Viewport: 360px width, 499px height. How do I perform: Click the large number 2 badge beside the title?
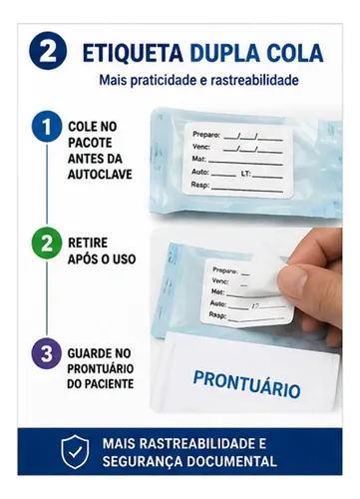pyautogui.click(x=48, y=51)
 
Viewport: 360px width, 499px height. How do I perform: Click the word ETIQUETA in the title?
pyautogui.click(x=133, y=53)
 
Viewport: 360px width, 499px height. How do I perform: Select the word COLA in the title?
pyautogui.click(x=295, y=53)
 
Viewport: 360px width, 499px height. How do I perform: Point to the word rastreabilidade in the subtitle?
pyautogui.click(x=254, y=80)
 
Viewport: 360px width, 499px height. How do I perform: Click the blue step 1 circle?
pyautogui.click(x=47, y=127)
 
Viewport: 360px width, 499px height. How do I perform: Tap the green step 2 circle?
pyautogui.click(x=47, y=244)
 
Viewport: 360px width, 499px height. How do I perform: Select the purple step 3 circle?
pyautogui.click(x=47, y=353)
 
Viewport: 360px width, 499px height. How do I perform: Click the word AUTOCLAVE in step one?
pyautogui.click(x=100, y=175)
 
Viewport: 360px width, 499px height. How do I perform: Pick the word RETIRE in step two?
pyautogui.click(x=88, y=243)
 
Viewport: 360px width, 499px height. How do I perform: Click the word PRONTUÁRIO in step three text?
pyautogui.click(x=101, y=368)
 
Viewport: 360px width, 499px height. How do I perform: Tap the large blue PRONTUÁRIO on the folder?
pyautogui.click(x=246, y=384)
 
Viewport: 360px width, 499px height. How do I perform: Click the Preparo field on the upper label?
pyautogui.click(x=237, y=136)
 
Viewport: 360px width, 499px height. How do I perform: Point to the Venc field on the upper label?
pyautogui.click(x=237, y=148)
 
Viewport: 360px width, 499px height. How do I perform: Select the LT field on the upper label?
pyautogui.click(x=261, y=175)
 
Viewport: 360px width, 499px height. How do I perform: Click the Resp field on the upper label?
pyautogui.click(x=237, y=187)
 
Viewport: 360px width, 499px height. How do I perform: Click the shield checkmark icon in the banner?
pyautogui.click(x=75, y=452)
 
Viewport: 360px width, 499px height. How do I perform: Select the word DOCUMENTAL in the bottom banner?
pyautogui.click(x=231, y=461)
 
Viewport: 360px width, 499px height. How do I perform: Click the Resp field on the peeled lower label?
pyautogui.click(x=246, y=317)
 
